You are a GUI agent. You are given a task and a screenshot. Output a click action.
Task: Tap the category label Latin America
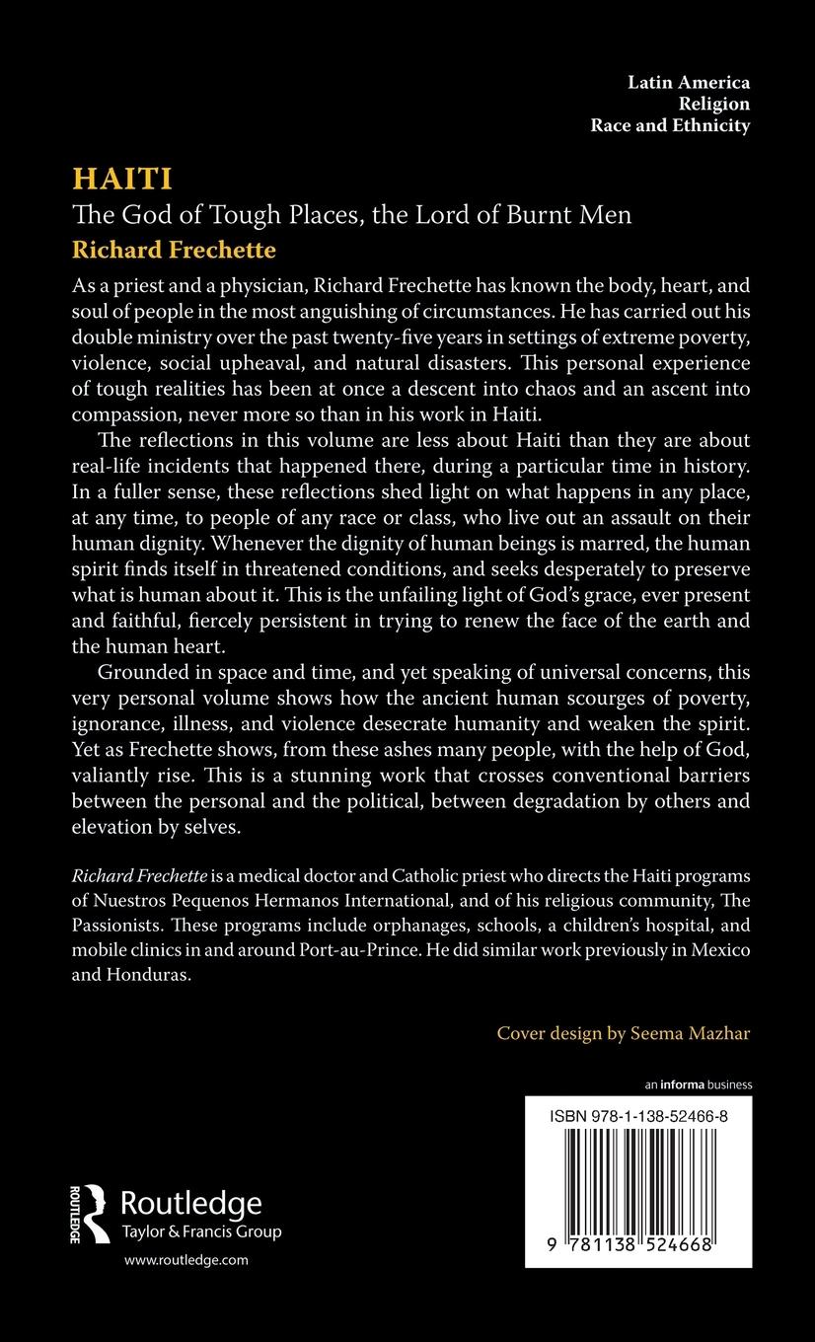[689, 82]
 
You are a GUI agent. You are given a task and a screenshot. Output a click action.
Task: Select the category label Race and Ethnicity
[670, 125]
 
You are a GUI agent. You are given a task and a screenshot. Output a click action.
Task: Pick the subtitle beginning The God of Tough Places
[352, 214]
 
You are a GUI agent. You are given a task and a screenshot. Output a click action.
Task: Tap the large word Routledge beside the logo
[190, 1203]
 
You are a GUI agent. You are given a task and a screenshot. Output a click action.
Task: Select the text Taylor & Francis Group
[200, 1231]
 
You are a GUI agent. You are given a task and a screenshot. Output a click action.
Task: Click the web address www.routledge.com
[185, 1260]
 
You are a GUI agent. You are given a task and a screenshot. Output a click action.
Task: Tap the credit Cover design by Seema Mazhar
[624, 1033]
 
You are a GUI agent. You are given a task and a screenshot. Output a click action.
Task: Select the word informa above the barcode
[682, 1084]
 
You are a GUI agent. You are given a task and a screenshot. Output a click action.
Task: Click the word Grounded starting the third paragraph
[146, 673]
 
